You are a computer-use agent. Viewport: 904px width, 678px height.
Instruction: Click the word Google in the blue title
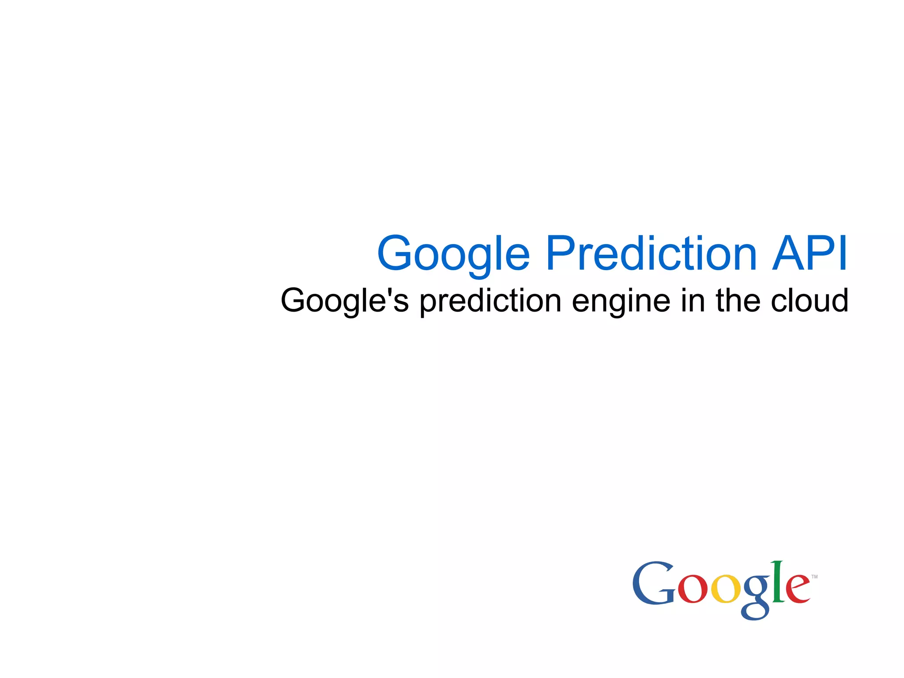pos(453,254)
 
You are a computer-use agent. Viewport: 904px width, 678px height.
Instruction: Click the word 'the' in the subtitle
pos(738,300)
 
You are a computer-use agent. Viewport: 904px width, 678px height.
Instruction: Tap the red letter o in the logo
pos(692,589)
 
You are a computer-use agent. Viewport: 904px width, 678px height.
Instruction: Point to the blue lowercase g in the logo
pos(755,596)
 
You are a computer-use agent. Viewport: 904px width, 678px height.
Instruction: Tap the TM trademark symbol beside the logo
pos(814,576)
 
